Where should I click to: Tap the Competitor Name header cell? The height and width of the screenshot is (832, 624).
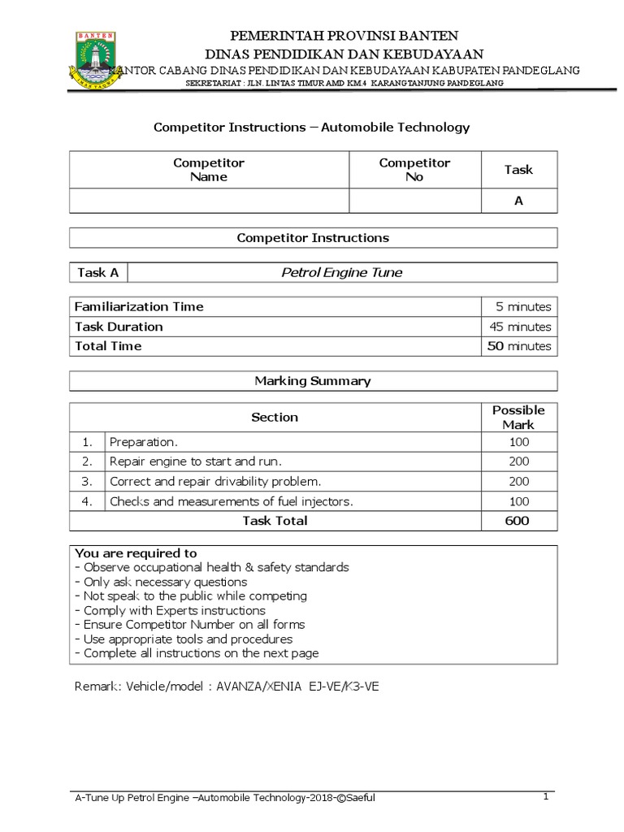click(x=209, y=170)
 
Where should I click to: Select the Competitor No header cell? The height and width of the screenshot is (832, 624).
click(x=414, y=170)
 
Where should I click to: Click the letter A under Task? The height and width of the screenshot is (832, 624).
click(x=518, y=201)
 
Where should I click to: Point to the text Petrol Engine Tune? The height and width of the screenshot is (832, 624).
click(x=341, y=273)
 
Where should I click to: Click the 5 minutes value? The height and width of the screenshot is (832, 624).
click(x=523, y=307)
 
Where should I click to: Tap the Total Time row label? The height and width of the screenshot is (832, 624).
click(x=108, y=346)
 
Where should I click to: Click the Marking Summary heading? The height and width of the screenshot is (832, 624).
click(x=313, y=380)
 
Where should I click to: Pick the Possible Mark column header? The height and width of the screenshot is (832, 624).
click(x=518, y=417)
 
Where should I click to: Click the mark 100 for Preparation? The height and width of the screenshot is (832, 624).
click(x=518, y=443)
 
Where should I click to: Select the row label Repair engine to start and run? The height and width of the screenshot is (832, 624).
click(x=195, y=461)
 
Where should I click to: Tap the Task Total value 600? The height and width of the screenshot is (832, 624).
click(x=518, y=521)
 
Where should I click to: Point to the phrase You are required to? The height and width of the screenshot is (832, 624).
click(x=136, y=553)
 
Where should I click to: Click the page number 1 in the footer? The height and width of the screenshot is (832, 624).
click(x=546, y=797)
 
